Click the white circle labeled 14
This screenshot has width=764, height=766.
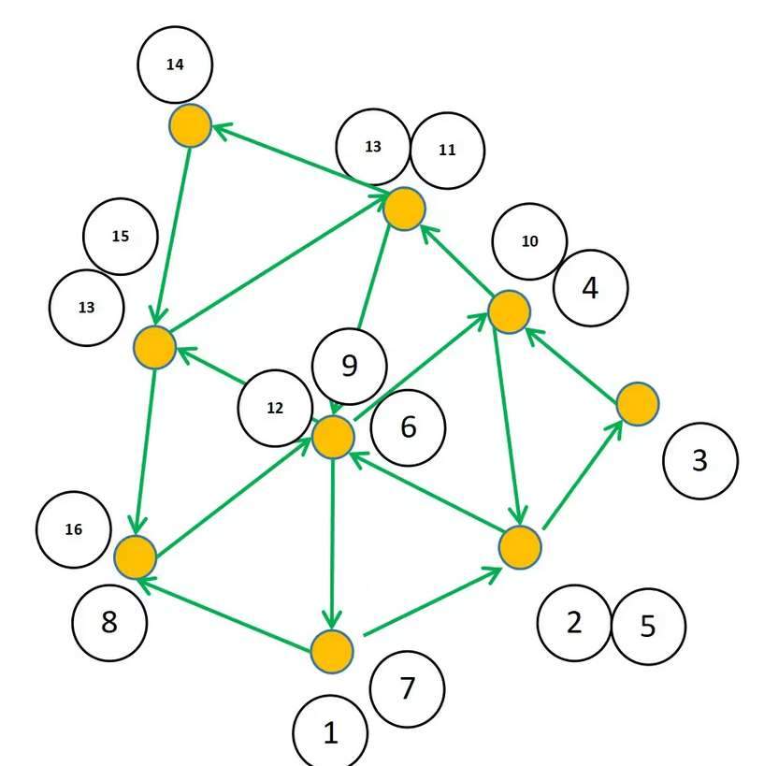point(175,65)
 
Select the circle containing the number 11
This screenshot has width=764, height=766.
point(447,150)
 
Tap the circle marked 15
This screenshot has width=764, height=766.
point(121,237)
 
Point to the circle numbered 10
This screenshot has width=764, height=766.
point(529,241)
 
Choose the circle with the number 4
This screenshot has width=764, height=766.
point(590,288)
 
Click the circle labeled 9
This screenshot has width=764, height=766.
point(350,365)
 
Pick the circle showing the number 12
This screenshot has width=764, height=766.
point(275,409)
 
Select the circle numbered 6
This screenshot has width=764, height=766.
point(408,427)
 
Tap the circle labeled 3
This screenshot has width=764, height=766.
point(699,460)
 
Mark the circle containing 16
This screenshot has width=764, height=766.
point(74,530)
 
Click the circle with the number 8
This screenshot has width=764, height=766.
point(109,622)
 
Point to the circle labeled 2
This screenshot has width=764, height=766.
point(574,622)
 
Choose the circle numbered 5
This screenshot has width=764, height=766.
point(648,627)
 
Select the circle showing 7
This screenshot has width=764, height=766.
point(407,689)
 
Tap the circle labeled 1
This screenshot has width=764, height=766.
point(330,733)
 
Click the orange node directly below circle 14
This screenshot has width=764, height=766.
point(191,125)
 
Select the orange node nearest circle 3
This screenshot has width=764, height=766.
point(638,404)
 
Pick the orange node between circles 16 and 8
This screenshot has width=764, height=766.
point(136,556)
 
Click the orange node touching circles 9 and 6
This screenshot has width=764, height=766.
point(333,437)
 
